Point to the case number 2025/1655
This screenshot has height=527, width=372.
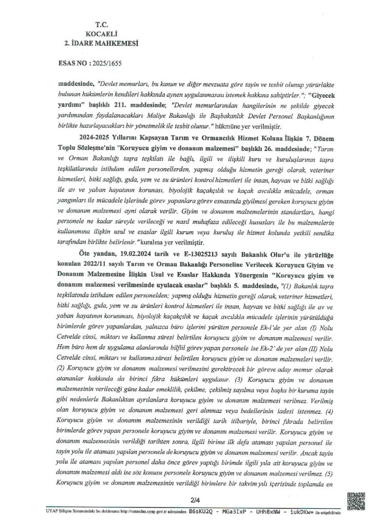pyautogui.click(x=107, y=66)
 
